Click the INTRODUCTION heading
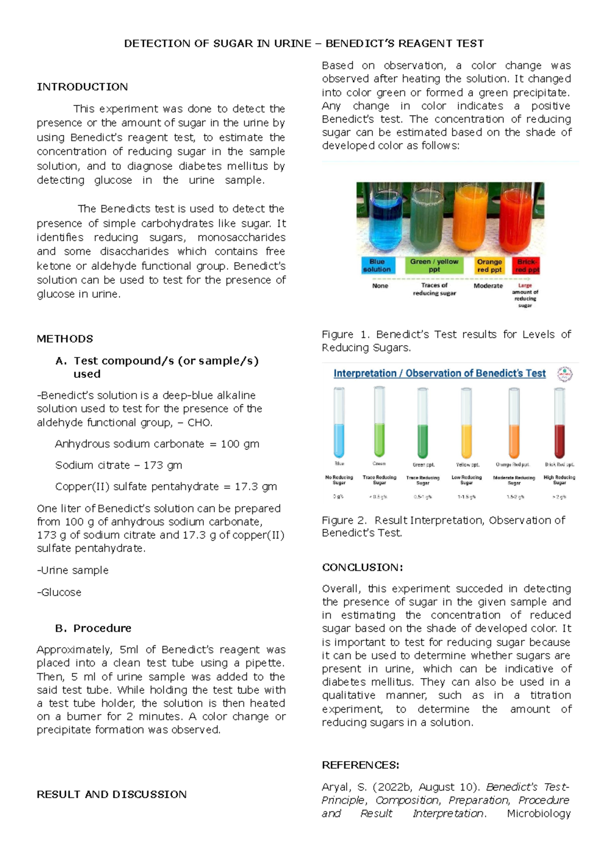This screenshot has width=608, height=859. tap(82, 87)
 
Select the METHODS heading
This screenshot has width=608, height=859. tap(65, 338)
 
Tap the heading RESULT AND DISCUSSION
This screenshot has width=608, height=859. tap(111, 794)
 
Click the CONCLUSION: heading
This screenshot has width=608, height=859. tap(362, 567)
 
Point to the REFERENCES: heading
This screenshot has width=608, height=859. tap(361, 765)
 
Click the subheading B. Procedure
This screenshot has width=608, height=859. tap(93, 628)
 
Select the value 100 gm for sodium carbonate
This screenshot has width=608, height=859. tap(240, 444)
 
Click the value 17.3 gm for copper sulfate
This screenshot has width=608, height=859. tap(256, 486)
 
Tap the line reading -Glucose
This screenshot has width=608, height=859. tap(59, 592)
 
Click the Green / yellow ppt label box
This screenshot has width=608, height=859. tap(434, 265)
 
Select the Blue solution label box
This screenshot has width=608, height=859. tap(377, 265)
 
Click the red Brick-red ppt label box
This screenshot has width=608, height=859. tap(526, 265)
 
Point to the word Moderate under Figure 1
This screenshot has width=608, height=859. tap(488, 286)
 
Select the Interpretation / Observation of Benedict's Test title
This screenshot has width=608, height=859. tap(439, 373)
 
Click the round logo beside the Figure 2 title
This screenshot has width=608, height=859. tap(564, 374)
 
